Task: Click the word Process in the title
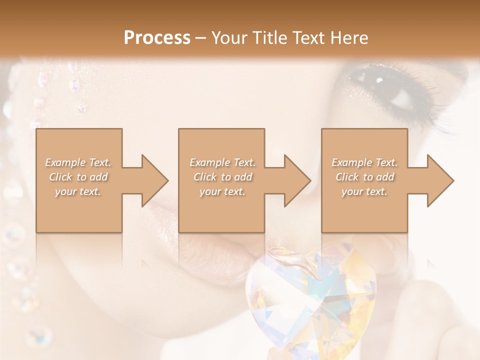click(x=157, y=38)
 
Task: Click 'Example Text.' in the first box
click(x=78, y=162)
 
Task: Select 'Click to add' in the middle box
click(x=222, y=177)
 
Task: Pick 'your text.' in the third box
click(x=364, y=191)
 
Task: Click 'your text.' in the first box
click(x=78, y=191)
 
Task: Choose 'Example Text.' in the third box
click(x=364, y=162)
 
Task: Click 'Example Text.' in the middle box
click(x=222, y=162)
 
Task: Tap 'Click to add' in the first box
click(x=78, y=177)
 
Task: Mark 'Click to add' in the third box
click(x=364, y=177)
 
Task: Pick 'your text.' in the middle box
click(x=222, y=191)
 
